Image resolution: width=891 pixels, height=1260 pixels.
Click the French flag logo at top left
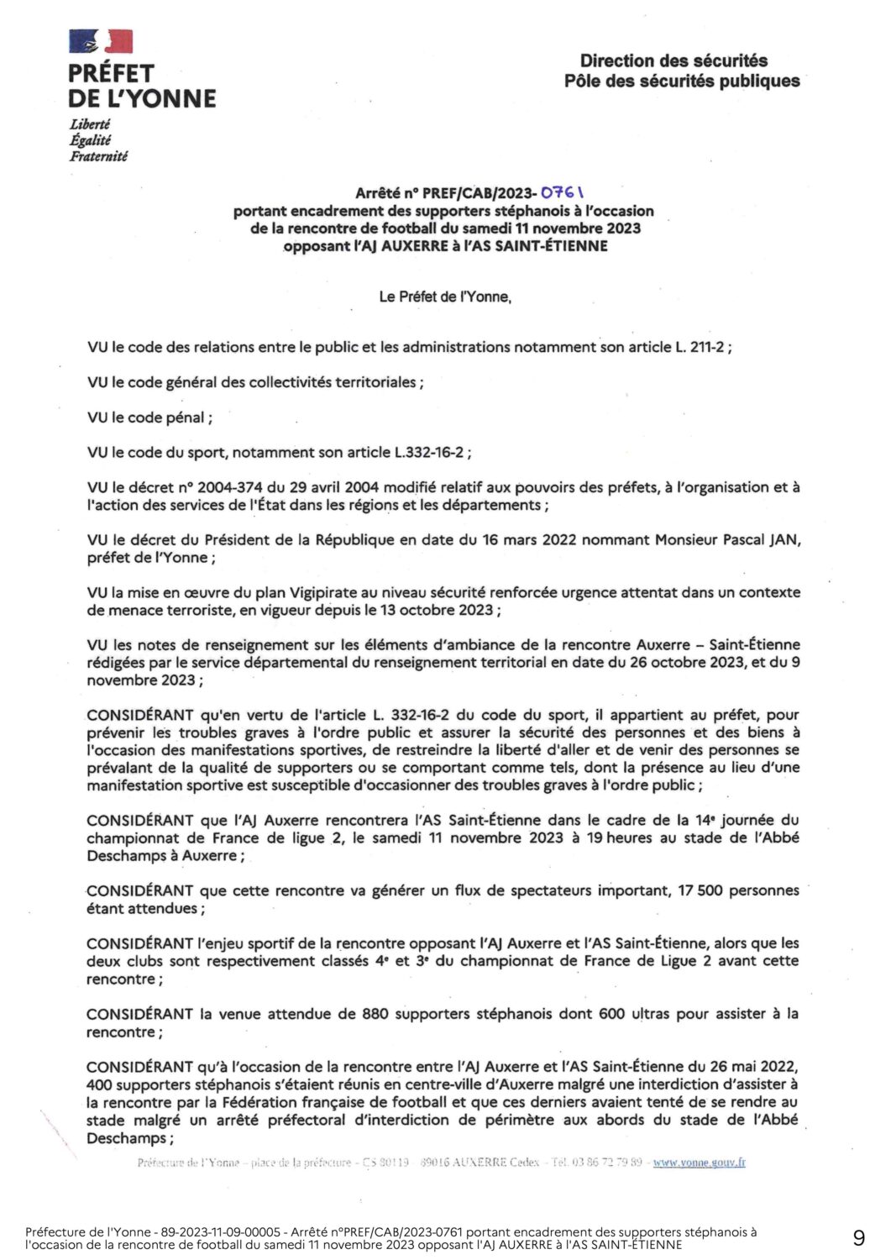point(101,41)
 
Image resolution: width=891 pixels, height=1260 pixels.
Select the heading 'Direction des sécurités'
point(673,60)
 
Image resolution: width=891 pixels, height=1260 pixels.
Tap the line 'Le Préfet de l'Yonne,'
point(445,297)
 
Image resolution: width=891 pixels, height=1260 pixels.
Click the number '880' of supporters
point(375,1014)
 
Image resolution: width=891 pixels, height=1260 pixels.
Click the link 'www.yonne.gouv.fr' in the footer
point(699,1163)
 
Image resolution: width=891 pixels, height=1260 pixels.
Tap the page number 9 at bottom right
point(858,1238)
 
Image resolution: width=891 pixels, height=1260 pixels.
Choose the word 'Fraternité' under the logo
point(98,156)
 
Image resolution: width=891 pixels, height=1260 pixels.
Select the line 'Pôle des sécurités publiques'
point(682,81)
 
